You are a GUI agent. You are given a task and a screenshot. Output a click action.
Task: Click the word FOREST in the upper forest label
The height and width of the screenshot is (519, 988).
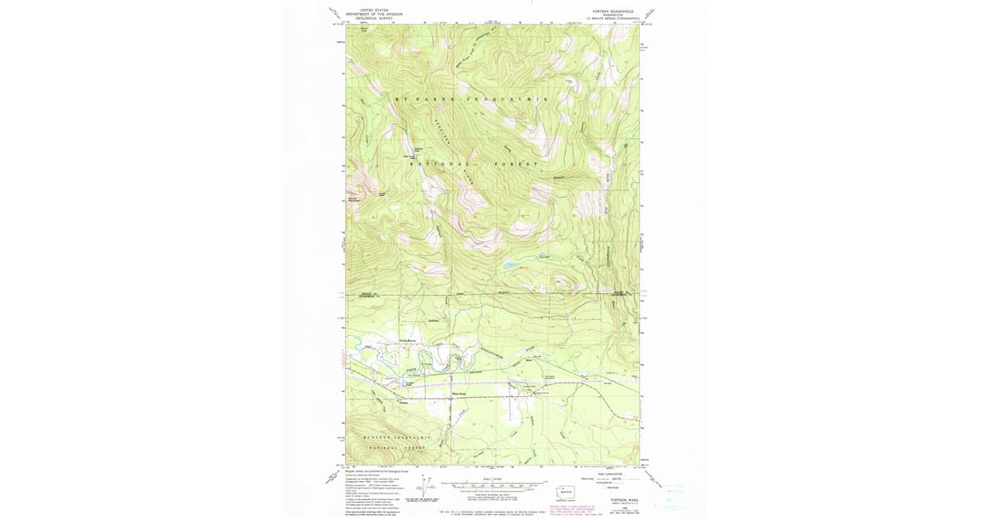point(515,164)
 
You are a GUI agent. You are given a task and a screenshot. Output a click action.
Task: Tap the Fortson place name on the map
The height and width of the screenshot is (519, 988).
point(403,403)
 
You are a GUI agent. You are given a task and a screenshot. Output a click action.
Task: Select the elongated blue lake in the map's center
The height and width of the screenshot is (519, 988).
point(511,265)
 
